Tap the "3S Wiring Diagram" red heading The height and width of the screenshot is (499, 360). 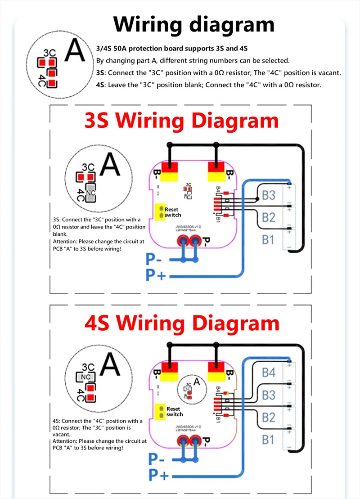[x=181, y=121]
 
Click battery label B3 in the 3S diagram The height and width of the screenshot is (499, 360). [x=268, y=196]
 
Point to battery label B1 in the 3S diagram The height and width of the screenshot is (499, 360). [x=268, y=240]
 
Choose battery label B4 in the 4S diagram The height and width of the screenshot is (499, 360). [x=268, y=373]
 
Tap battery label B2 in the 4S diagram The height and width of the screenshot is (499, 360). [x=268, y=417]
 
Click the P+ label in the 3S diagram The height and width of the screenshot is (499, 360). [x=156, y=274]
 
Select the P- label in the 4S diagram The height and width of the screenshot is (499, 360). [x=156, y=459]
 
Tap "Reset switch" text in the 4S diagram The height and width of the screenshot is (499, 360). [x=174, y=411]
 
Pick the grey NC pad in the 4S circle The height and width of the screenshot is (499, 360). [x=85, y=377]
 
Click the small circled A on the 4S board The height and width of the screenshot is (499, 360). [x=196, y=382]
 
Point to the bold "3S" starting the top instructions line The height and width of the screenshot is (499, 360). [x=101, y=72]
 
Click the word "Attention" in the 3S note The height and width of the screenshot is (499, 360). [x=65, y=241]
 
